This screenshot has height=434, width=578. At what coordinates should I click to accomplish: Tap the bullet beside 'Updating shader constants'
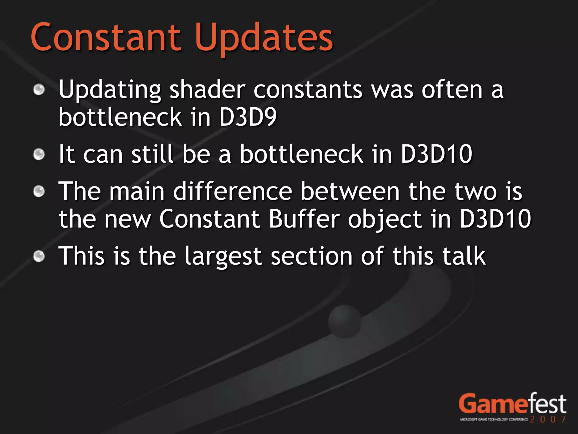click(x=39, y=90)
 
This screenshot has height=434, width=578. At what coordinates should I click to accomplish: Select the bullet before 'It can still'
click(x=39, y=155)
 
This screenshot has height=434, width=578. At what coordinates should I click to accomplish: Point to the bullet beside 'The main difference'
click(x=39, y=192)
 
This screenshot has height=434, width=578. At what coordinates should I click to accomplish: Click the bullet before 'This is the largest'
click(x=39, y=256)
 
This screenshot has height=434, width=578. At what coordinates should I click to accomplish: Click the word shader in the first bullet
click(x=207, y=90)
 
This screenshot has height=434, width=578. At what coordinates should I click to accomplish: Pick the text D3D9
click(x=248, y=117)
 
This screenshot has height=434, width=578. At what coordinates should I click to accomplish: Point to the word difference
click(x=233, y=191)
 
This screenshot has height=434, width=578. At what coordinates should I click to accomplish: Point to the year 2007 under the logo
click(x=548, y=419)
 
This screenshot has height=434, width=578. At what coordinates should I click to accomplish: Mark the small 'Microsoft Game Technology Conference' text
click(x=494, y=420)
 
